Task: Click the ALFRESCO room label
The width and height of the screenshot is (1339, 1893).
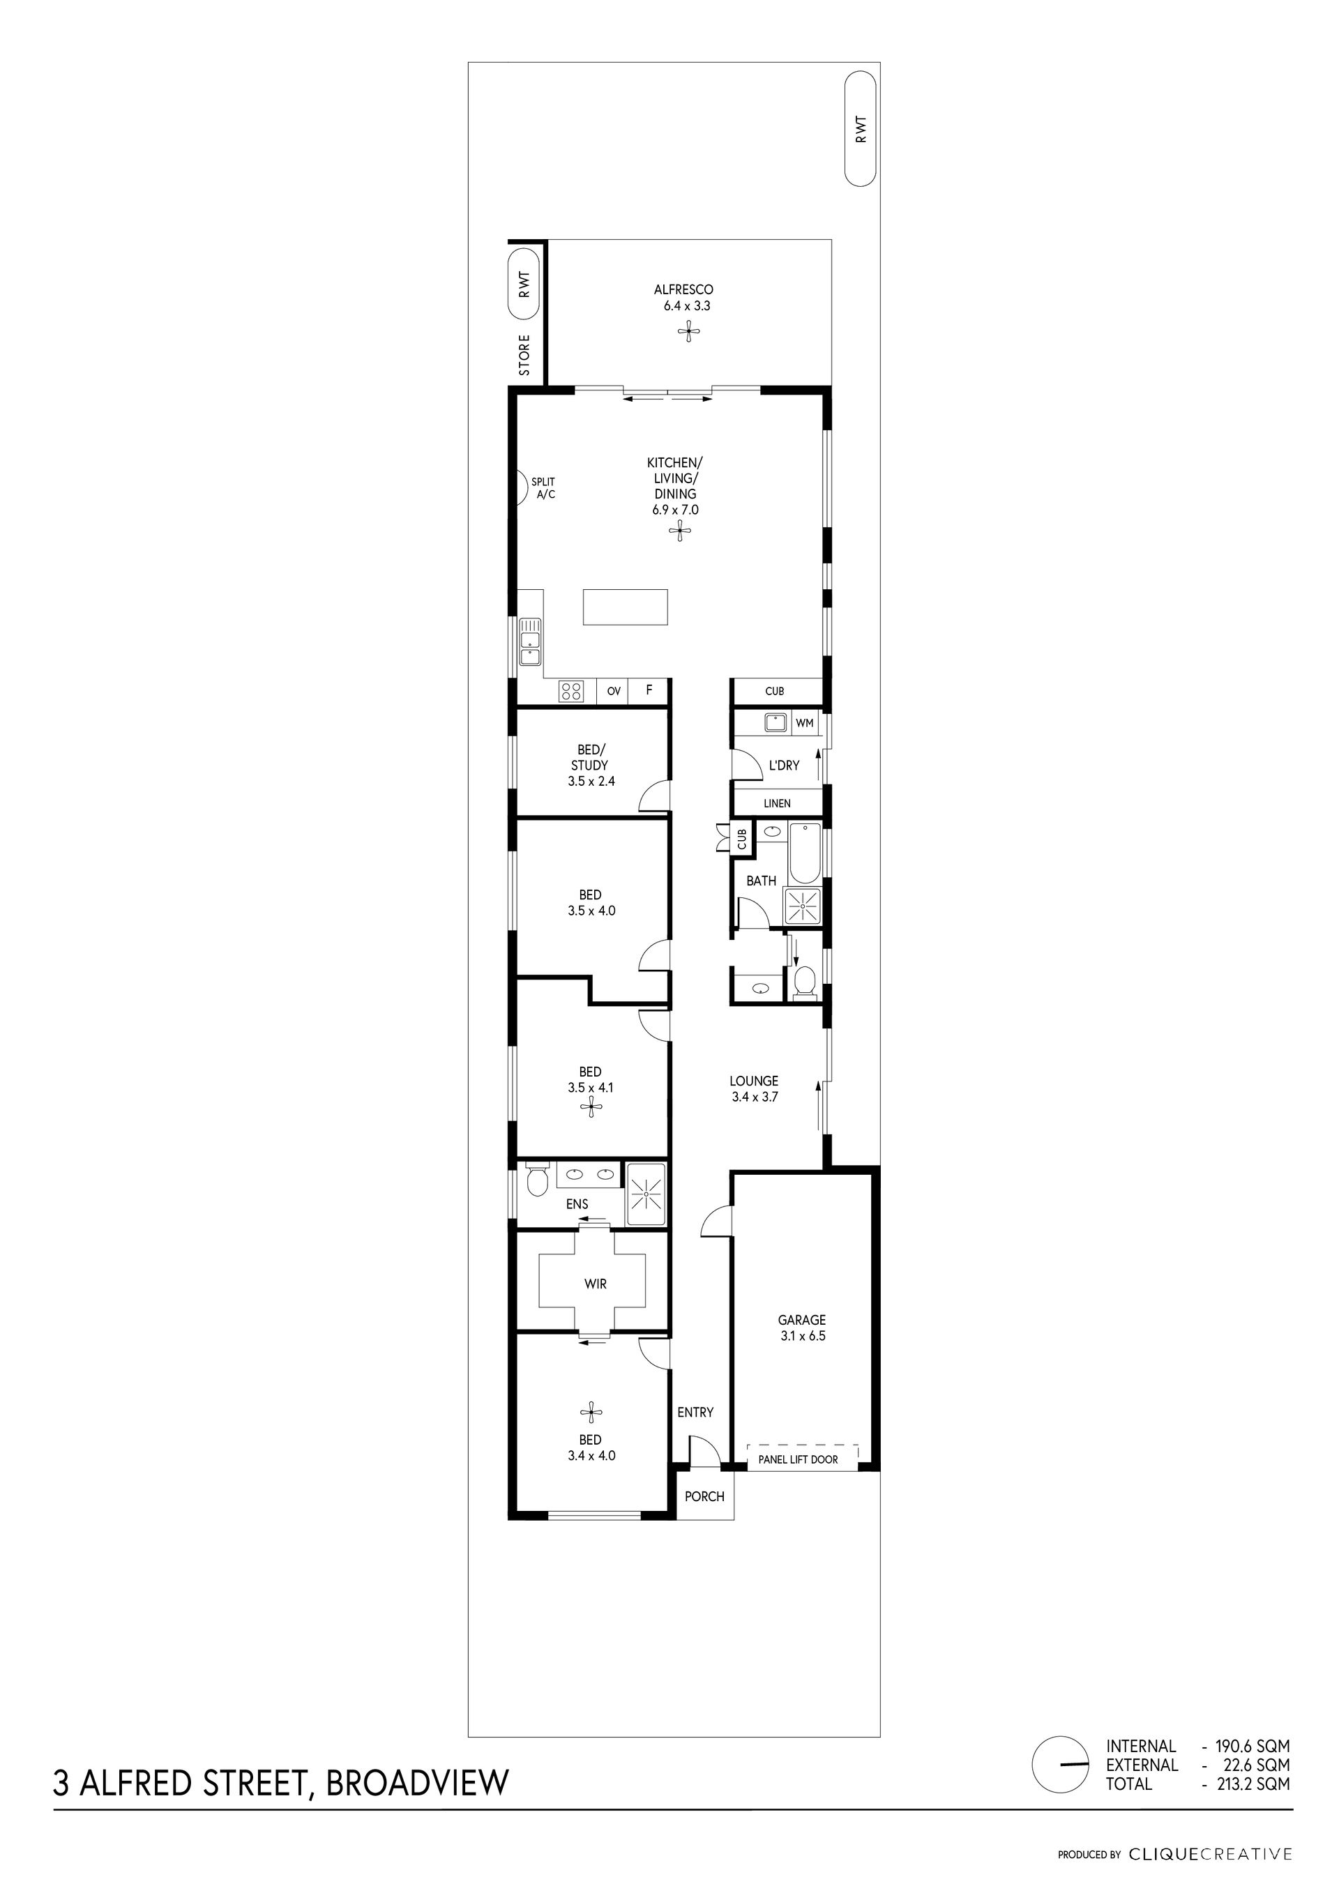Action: tap(683, 289)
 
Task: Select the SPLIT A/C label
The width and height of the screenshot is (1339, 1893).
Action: tap(543, 488)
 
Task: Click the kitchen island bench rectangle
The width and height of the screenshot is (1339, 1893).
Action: tap(626, 606)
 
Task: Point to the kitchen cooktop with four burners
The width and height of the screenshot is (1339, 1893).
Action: tap(570, 691)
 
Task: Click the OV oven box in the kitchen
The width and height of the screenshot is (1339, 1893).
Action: tap(614, 692)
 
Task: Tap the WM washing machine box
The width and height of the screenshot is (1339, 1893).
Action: tap(805, 723)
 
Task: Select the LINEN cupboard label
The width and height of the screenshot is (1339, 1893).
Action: tap(777, 803)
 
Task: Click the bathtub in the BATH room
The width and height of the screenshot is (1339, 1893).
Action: tap(805, 853)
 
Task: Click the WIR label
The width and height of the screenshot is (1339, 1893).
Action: tap(596, 1284)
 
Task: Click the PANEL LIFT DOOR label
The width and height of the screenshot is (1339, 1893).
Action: tap(798, 1459)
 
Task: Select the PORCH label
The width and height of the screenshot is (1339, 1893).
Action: tap(705, 1496)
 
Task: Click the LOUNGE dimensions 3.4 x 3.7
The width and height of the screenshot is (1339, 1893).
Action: tap(755, 1097)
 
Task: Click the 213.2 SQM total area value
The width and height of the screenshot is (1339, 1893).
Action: tap(1253, 1784)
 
